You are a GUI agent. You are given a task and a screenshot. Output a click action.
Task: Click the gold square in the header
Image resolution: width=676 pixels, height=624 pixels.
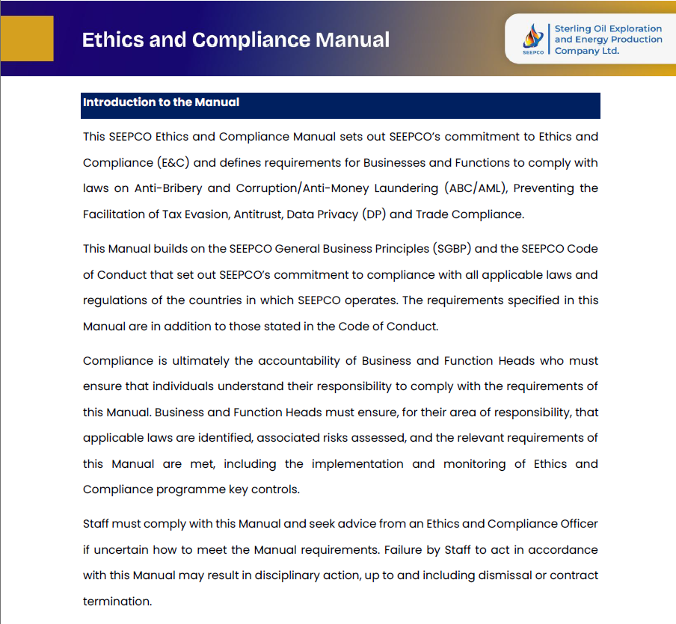point(27,38)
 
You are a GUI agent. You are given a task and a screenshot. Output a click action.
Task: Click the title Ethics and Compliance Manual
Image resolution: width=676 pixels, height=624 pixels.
point(236,39)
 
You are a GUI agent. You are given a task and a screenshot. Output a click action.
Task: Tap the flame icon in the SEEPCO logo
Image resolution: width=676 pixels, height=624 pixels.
point(532,35)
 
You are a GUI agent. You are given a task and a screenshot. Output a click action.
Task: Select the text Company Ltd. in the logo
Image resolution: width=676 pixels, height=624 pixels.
point(587,51)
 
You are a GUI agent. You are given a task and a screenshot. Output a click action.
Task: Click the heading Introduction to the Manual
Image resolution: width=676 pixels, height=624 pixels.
point(161,102)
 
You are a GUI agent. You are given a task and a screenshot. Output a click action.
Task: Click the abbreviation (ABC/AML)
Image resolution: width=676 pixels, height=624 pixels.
point(476,188)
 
